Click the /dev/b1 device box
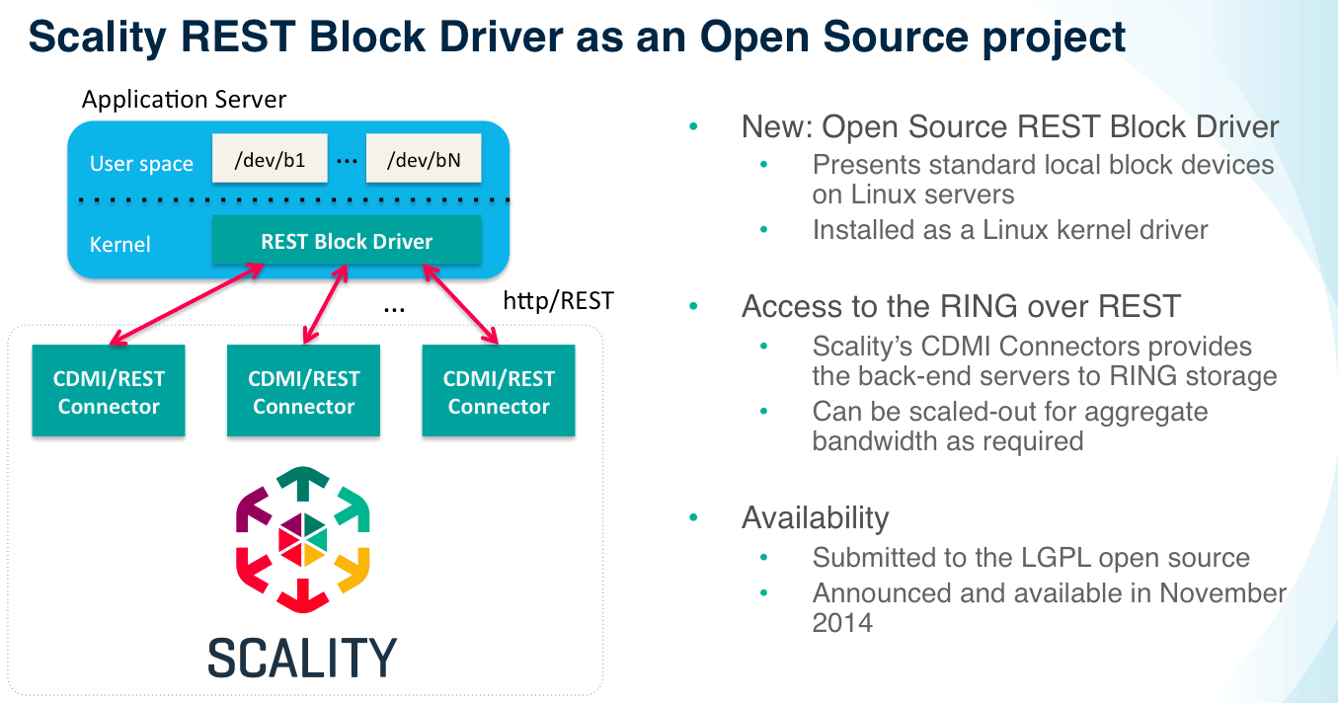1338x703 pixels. [x=270, y=158]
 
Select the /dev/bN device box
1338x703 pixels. [x=424, y=158]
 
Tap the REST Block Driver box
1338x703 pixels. [x=347, y=240]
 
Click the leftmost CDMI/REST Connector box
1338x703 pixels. [x=109, y=391]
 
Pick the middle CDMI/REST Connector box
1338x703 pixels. [x=303, y=391]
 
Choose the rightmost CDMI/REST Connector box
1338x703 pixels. [x=499, y=391]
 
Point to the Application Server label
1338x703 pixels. [x=184, y=99]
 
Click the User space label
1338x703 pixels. [x=141, y=164]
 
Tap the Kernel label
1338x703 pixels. [x=120, y=244]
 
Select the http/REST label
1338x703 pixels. [x=559, y=300]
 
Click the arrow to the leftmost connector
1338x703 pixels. [x=187, y=304]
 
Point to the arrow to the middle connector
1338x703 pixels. [x=326, y=304]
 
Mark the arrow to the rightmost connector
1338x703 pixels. [x=460, y=304]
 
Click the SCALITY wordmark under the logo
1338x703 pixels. [x=302, y=657]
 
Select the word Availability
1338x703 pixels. [x=816, y=517]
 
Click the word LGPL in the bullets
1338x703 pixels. [x=1056, y=557]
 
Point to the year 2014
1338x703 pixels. [x=842, y=623]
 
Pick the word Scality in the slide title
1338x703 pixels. [x=98, y=38]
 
